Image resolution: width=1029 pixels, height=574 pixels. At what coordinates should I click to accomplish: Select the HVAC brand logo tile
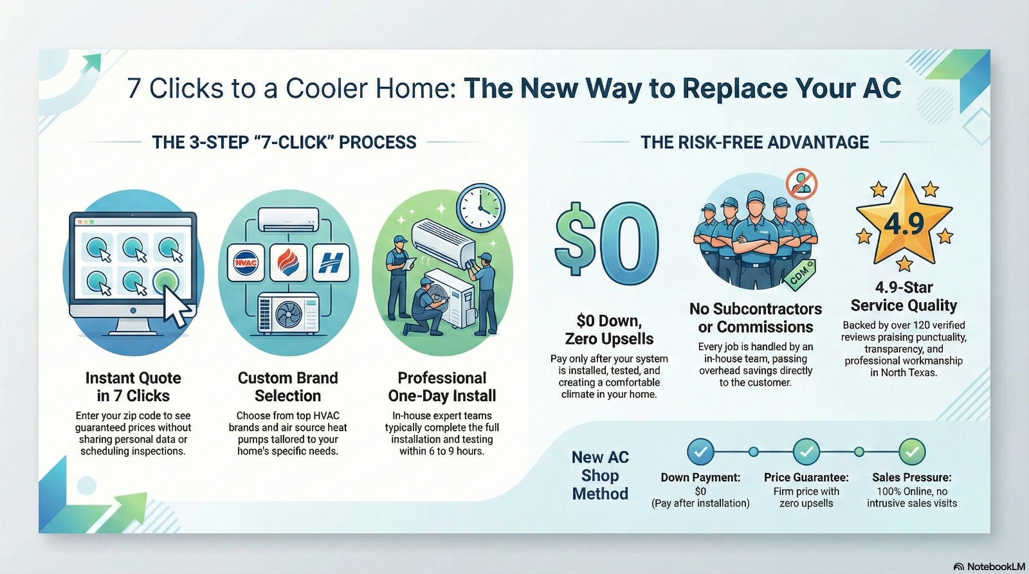[x=246, y=263]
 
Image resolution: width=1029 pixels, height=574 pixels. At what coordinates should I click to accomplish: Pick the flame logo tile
[x=288, y=263]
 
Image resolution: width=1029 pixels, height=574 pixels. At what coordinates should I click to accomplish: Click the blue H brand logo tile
[x=331, y=263]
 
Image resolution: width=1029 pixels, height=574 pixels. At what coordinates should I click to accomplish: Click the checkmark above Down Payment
[x=700, y=452]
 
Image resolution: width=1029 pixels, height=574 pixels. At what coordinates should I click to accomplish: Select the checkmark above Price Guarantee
[x=806, y=452]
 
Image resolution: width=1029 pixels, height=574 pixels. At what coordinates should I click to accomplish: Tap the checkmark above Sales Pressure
[x=912, y=452]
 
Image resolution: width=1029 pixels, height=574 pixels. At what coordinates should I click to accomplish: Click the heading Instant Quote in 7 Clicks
[x=133, y=387]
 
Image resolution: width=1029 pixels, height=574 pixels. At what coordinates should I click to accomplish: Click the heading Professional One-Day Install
[x=442, y=387]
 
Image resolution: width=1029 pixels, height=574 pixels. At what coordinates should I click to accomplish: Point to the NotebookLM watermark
[x=989, y=567]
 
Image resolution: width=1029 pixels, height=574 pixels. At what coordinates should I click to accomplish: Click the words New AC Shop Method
[x=600, y=475]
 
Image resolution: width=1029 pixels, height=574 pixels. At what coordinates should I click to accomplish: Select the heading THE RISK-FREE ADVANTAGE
[x=755, y=142]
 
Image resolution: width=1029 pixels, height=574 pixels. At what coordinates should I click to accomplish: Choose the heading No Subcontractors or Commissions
[x=756, y=318]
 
